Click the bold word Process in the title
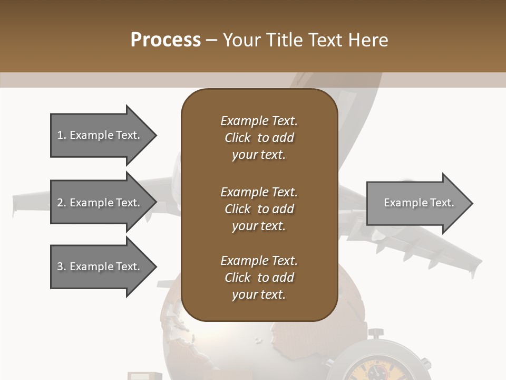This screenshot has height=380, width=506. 166,40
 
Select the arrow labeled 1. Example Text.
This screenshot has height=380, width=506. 100,135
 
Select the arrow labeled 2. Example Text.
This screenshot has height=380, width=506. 100,203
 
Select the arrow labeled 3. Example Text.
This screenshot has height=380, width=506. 100,267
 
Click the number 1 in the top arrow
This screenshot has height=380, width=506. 60,135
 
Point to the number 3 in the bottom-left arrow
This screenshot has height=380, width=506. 60,267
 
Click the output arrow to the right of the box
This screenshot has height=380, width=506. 416,203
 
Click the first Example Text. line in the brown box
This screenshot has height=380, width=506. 259,121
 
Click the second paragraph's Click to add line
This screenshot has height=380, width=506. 259,209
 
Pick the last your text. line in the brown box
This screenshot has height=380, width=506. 259,295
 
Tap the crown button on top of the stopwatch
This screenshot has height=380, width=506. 375,333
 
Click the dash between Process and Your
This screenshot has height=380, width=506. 212,40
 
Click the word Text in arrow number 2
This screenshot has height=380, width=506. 128,203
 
